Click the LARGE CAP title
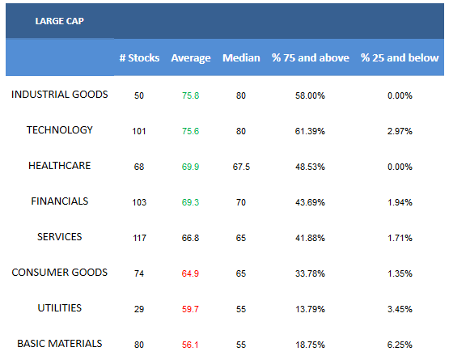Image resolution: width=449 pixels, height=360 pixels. point(60,21)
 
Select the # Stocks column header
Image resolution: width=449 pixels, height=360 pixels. point(139,58)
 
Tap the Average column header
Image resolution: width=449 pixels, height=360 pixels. point(191,58)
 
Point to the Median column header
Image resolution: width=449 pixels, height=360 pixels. point(241,58)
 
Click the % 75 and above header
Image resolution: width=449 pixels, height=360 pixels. point(311,58)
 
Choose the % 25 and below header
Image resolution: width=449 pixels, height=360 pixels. point(400,58)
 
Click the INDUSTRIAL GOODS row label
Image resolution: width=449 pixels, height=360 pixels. point(60,95)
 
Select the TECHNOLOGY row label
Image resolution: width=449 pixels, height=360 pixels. point(60,130)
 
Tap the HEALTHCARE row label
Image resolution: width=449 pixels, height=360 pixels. point(60,166)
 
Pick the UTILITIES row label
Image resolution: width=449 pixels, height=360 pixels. point(60,308)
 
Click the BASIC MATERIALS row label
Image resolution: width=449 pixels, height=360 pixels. point(60,343)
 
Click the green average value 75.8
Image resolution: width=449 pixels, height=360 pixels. point(190,95)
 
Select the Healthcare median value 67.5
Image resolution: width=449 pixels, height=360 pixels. point(241,167)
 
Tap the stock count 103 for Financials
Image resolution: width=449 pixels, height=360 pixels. point(139,202)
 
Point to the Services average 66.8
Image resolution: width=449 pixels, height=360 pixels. point(190,238)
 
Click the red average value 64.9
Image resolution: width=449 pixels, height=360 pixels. point(190,273)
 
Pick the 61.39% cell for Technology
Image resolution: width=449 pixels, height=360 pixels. point(310,131)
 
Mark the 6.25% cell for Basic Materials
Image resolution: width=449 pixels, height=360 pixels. point(400,345)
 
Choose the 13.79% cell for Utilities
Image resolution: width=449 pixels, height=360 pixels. point(310,309)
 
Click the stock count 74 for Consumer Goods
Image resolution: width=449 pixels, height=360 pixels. point(139,273)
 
